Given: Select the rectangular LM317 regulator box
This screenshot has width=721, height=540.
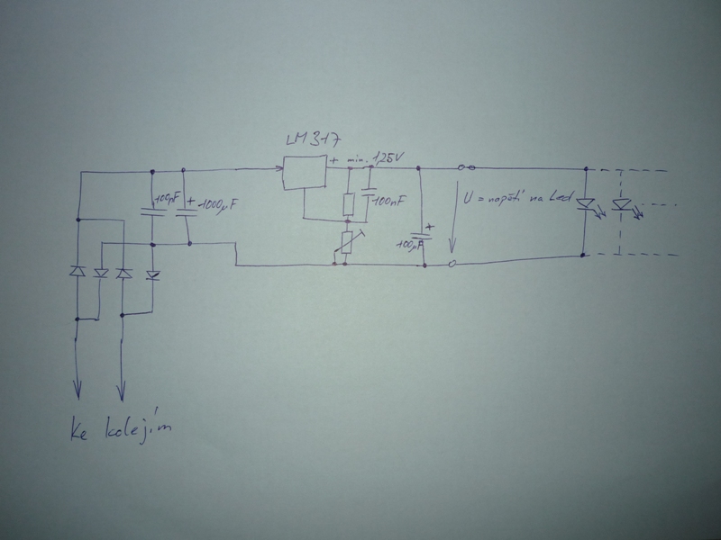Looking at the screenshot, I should click(x=305, y=173).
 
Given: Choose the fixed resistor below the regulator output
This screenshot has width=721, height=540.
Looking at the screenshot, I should click(x=348, y=204).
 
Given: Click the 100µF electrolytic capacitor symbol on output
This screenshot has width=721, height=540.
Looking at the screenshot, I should click(x=423, y=237).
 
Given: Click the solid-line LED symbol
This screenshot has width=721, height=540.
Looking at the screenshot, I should click(x=587, y=204).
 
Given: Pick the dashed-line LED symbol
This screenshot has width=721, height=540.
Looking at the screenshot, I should click(x=621, y=204).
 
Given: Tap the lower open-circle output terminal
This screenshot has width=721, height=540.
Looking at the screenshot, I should click(x=452, y=264).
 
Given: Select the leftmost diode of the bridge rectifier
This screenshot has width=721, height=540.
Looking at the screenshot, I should click(x=78, y=271).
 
